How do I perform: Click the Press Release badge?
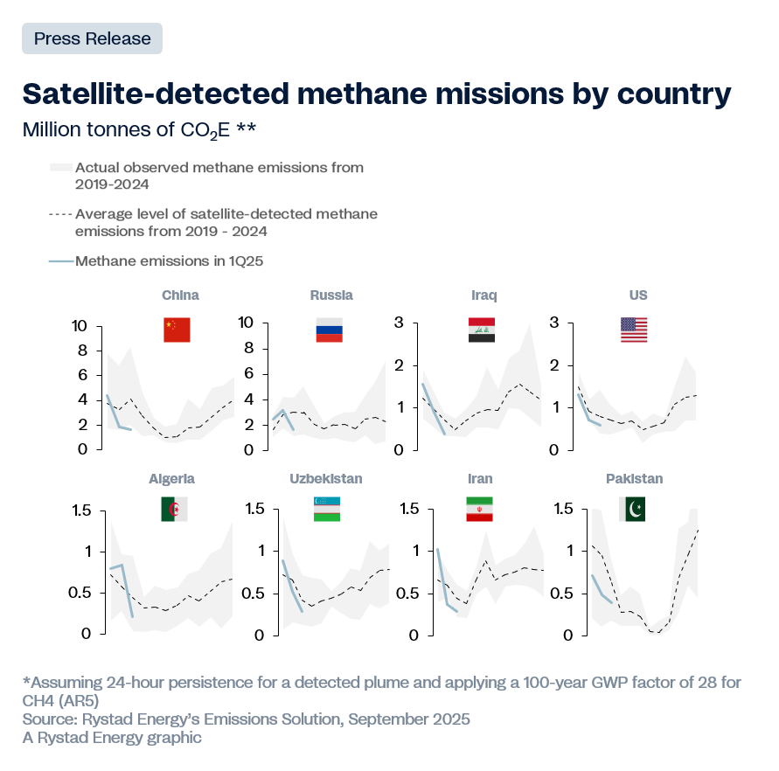coord(92,38)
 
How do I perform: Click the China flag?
coord(177,330)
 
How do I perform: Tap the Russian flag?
coord(329,329)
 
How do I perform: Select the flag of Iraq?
coord(482,330)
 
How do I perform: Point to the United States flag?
coord(634,330)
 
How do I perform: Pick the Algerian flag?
coord(174,510)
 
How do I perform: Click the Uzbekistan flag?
coord(327,510)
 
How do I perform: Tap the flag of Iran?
coord(480,510)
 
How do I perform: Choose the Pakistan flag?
coord(632,510)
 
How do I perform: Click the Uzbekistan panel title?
coord(326,479)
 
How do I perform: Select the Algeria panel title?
coord(172,479)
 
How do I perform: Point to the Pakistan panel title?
coord(634,479)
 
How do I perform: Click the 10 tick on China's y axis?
coord(80,326)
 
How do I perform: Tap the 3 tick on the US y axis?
coord(553,323)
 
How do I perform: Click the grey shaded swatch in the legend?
coord(60,167)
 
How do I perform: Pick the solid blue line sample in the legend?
coord(60,260)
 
